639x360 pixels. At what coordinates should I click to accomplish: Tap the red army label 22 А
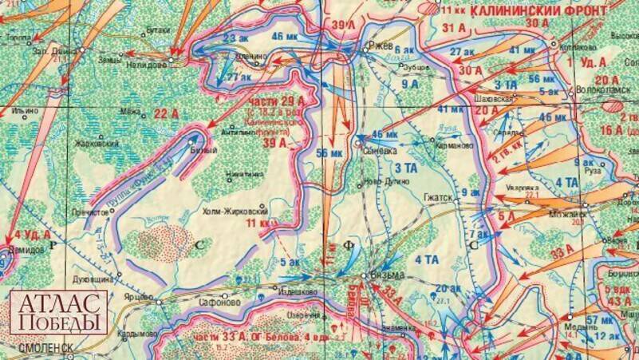[165, 114]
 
